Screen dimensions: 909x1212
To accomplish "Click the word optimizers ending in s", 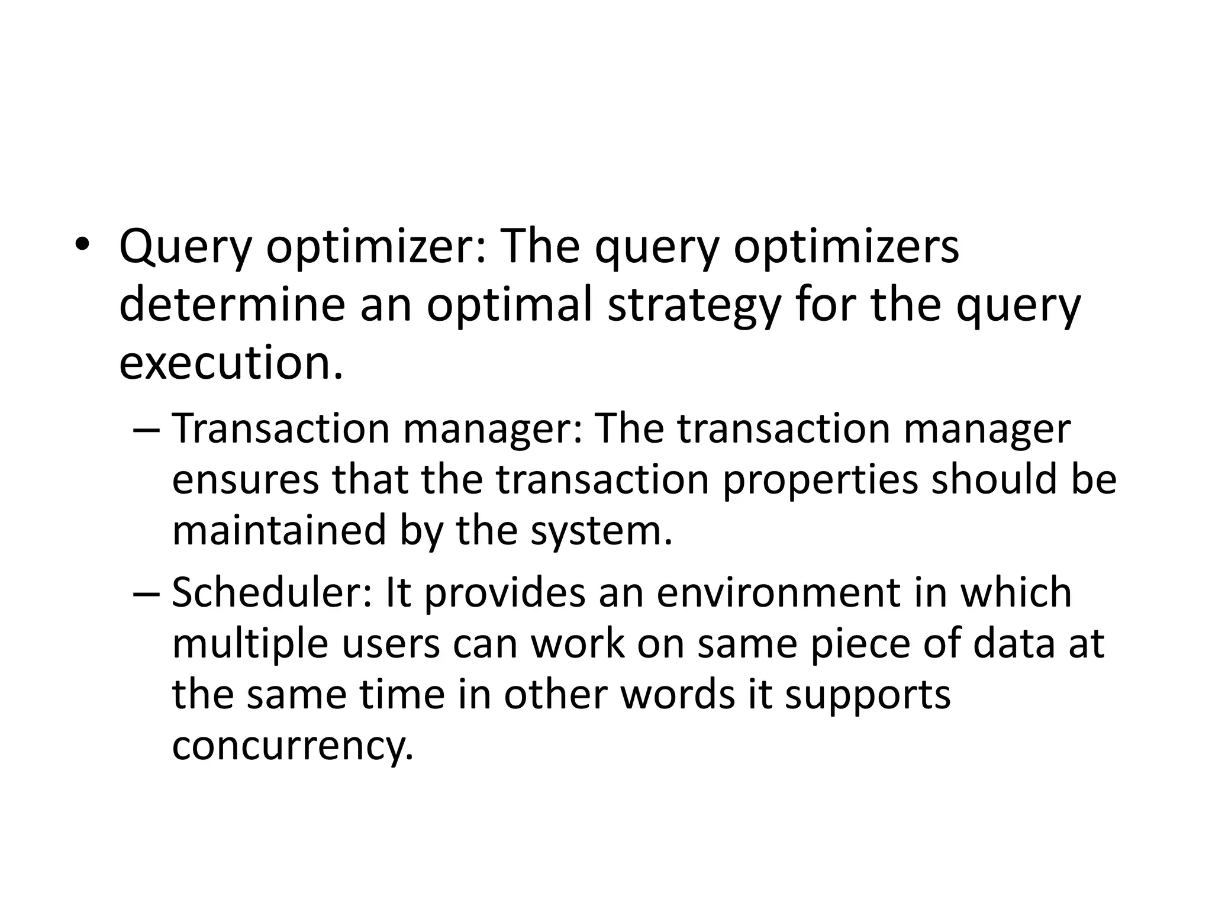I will (x=846, y=247).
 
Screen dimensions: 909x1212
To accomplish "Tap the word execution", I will (x=231, y=363).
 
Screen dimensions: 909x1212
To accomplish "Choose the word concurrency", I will (x=292, y=747).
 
